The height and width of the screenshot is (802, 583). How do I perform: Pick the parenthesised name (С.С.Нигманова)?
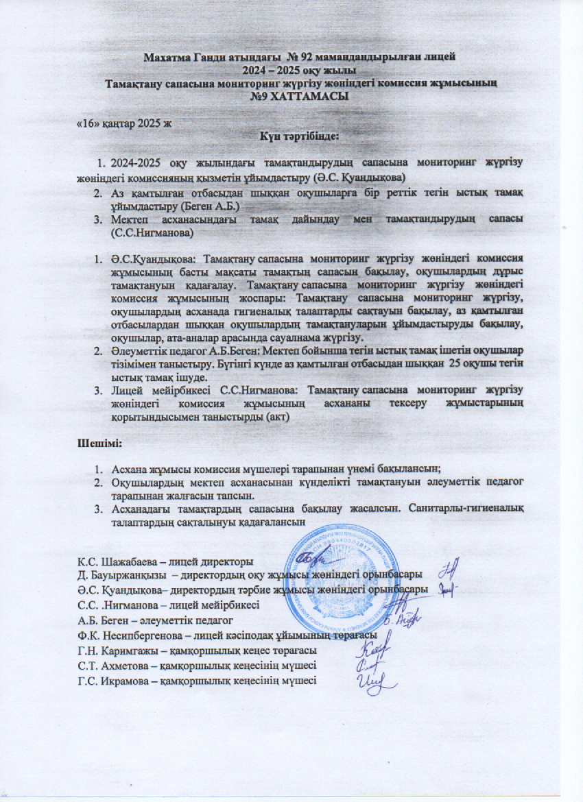pyautogui.click(x=152, y=234)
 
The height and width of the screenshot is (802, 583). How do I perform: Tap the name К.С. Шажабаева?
pyautogui.click(x=115, y=561)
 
